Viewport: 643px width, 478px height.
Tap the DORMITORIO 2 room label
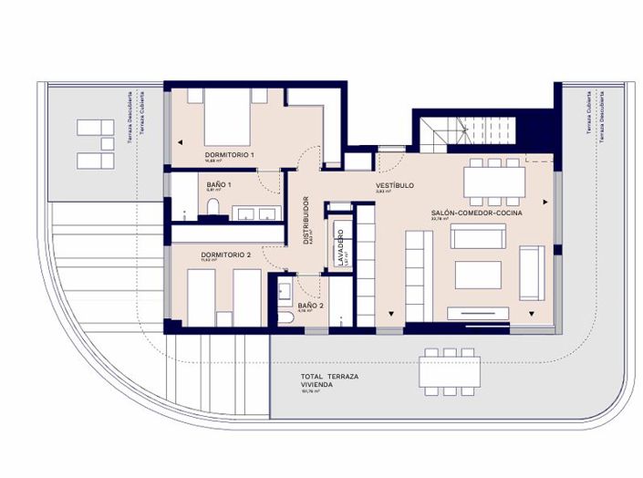pyautogui.click(x=224, y=255)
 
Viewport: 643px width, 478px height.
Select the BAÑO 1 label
pyautogui.click(x=219, y=184)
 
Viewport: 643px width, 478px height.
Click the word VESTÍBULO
pyautogui.click(x=395, y=185)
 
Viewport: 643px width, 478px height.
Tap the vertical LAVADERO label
pyautogui.click(x=338, y=247)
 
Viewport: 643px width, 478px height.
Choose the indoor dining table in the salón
pyautogui.click(x=494, y=180)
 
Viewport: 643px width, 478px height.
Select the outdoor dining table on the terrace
pyautogui.click(x=450, y=372)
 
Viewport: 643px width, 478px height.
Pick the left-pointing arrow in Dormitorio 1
pyautogui.click(x=181, y=141)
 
